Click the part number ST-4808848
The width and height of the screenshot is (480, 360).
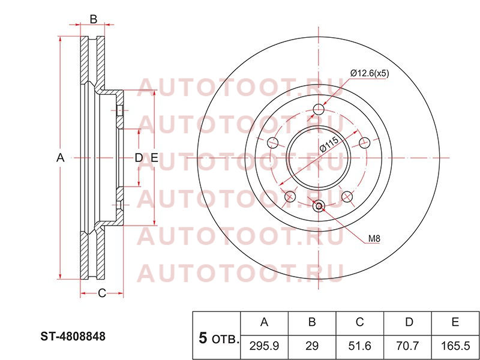pyautogui.click(x=73, y=337)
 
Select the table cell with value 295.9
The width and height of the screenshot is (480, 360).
pyautogui.click(x=264, y=346)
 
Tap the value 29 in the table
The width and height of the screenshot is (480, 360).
pyautogui.click(x=312, y=346)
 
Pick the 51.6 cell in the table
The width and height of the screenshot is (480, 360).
pyautogui.click(x=359, y=346)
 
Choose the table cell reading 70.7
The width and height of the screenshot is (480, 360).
pyautogui.click(x=407, y=346)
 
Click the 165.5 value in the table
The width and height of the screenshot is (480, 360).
pyautogui.click(x=455, y=346)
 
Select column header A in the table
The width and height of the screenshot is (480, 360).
pyautogui.click(x=264, y=322)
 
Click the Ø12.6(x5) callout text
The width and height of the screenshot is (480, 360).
pyautogui.click(x=370, y=73)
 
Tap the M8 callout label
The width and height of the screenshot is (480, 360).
pyautogui.click(x=374, y=238)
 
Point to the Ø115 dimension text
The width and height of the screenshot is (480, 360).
pyautogui.click(x=329, y=144)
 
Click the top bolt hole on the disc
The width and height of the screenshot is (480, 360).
pyautogui.click(x=319, y=109)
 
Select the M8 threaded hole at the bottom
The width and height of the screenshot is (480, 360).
pyautogui.click(x=319, y=206)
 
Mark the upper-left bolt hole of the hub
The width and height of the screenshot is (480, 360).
pyautogui.click(x=272, y=142)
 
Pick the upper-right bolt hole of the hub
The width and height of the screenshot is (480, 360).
pyautogui.click(x=365, y=142)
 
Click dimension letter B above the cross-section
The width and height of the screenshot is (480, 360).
pyautogui.click(x=94, y=19)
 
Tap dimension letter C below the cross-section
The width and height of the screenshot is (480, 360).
pyautogui.click(x=101, y=293)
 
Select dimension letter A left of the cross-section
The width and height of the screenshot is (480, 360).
pyautogui.click(x=61, y=158)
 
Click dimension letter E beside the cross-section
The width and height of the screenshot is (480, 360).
pyautogui.click(x=154, y=158)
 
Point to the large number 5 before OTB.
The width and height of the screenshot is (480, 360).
pyautogui.click(x=203, y=338)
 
